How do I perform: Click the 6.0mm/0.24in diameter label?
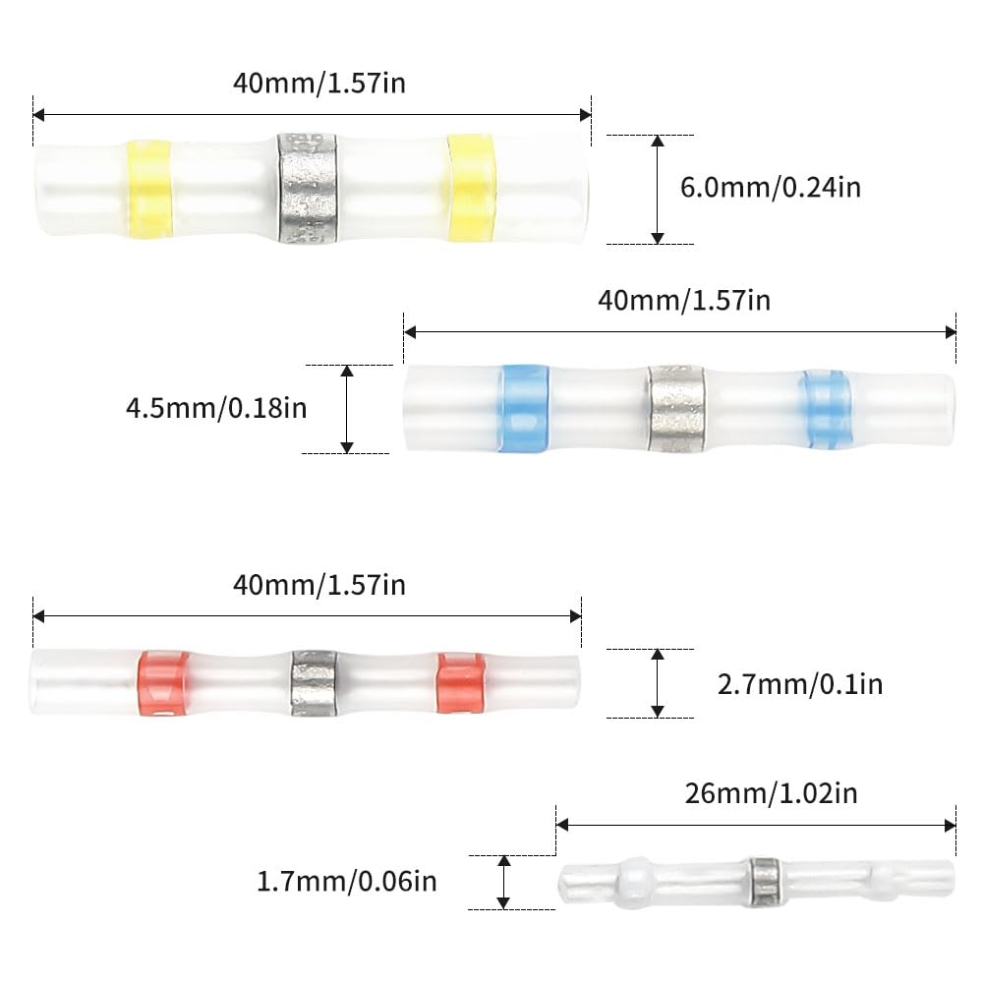pos(771,188)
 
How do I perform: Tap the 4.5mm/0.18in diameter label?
pos(216,408)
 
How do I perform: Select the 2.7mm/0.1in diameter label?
pos(800,684)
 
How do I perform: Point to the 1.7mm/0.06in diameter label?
pos(347,882)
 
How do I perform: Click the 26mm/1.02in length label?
pos(771,793)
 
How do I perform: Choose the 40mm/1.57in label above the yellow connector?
pos(319,83)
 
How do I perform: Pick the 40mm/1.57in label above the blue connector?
pos(684,300)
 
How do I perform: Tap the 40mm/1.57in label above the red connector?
pos(319,585)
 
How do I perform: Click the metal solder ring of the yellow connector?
pos(307,188)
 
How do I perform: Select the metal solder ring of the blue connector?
pos(675,408)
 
